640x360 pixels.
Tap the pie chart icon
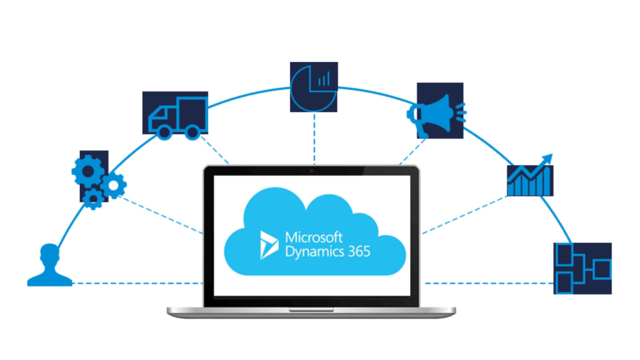click(314, 87)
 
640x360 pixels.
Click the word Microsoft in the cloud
click(314, 237)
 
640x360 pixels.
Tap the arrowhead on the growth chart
click(547, 157)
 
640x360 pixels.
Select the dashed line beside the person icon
click(137, 284)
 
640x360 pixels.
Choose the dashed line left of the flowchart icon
click(487, 284)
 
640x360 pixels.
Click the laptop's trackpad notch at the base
click(311, 309)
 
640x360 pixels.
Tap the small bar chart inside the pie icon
click(324, 79)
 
